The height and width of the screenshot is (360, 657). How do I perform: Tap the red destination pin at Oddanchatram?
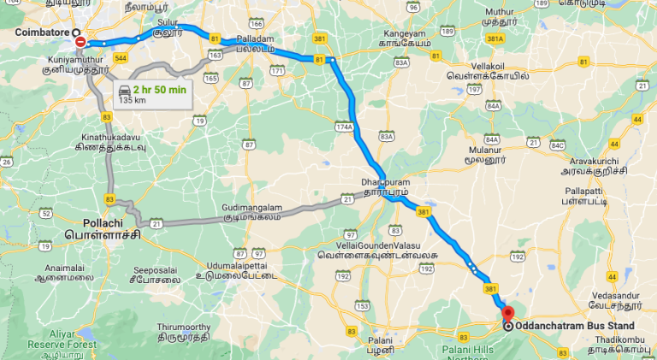click(506, 313)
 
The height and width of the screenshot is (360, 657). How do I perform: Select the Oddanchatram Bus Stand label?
click(575, 326)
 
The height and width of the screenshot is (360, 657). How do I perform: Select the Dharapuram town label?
click(381, 182)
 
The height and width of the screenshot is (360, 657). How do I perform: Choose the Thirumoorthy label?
click(181, 327)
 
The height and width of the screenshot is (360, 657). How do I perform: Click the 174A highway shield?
click(345, 126)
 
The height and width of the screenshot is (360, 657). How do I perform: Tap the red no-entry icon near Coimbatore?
click(80, 42)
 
